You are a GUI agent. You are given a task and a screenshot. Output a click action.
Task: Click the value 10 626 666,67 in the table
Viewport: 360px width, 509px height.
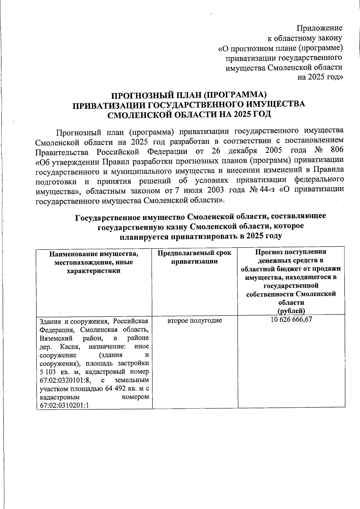(x=291, y=320)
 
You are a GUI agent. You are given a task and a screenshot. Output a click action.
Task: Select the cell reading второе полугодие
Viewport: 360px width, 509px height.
(x=195, y=321)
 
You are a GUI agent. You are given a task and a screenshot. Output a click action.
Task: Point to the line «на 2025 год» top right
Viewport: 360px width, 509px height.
(x=320, y=77)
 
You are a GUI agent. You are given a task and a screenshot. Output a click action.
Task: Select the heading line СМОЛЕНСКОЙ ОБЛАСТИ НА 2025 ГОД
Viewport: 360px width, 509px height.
(x=189, y=115)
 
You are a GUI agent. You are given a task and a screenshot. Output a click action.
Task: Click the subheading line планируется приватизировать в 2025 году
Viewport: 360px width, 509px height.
(x=201, y=236)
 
